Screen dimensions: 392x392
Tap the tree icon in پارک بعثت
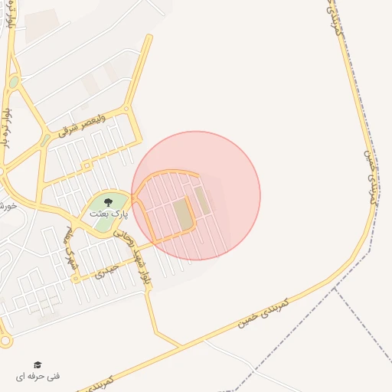(107, 202)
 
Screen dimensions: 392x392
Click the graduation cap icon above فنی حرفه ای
(38, 364)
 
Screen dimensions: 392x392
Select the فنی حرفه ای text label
(38, 377)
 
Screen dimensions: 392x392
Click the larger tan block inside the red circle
(183, 214)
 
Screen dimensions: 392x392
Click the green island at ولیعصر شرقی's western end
(45, 139)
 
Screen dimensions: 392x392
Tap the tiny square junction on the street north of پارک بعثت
(87, 165)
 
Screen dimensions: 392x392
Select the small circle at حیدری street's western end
(75, 279)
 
